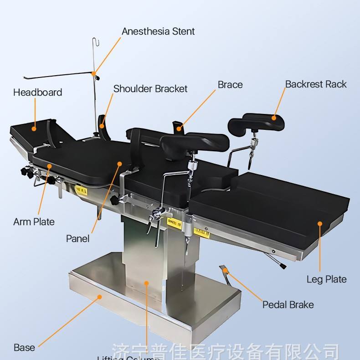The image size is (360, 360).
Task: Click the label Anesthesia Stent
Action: click(158, 31)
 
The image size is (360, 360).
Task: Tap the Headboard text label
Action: click(37, 93)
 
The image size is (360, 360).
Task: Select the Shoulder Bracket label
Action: click(150, 88)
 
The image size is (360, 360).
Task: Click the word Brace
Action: click(230, 85)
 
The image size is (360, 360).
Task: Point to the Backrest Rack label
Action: click(316, 84)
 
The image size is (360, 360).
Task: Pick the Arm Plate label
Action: click(34, 222)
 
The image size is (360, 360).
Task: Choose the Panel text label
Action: click(78, 238)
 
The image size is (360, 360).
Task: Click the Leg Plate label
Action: click(326, 279)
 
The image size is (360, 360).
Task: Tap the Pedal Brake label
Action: click(288, 304)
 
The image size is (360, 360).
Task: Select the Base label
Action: click(24, 348)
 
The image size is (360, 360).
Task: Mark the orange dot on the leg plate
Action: click(320, 223)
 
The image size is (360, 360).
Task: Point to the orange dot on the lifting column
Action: click(147, 283)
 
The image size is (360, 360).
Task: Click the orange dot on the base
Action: click(100, 297)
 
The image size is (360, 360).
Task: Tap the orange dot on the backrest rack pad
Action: click(274, 118)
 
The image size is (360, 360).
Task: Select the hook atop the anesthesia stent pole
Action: click(94, 42)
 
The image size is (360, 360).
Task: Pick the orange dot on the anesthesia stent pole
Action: click(94, 73)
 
